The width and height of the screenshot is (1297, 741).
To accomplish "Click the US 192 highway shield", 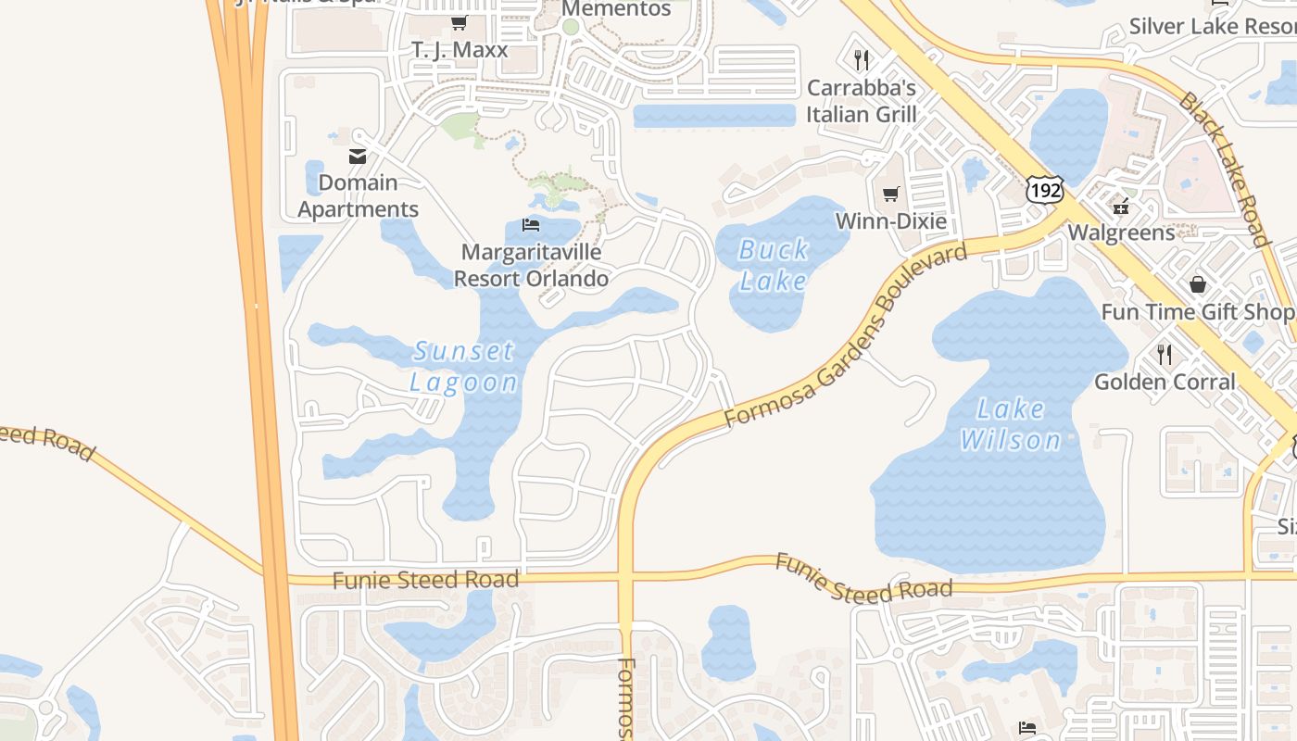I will point(1044,188).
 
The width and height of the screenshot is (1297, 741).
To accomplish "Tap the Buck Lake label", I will point(774,265).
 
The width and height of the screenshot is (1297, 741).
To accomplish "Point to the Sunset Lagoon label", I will point(463,366).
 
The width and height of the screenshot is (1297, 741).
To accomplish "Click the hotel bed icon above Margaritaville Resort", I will point(531,225).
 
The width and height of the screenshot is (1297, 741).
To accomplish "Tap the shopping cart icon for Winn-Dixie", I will point(890,194).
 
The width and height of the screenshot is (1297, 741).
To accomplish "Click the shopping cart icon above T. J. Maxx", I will point(459,22).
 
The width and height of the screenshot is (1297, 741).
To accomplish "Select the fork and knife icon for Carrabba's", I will point(862,60).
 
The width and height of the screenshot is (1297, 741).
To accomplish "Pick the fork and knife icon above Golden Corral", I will point(1165,354).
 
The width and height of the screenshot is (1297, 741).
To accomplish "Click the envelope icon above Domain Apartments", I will point(358,157).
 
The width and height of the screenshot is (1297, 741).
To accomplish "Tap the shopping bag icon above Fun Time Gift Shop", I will point(1198,283).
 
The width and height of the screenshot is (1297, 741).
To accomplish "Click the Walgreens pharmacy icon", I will point(1122,206).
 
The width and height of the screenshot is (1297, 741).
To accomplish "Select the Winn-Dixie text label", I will point(891,221).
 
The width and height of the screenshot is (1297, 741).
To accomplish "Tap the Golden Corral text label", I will point(1165,382).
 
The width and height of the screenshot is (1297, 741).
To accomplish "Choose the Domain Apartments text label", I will point(358,196).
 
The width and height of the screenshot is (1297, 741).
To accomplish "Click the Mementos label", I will point(616,9).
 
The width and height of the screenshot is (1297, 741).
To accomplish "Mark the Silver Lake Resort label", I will point(1212,26).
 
